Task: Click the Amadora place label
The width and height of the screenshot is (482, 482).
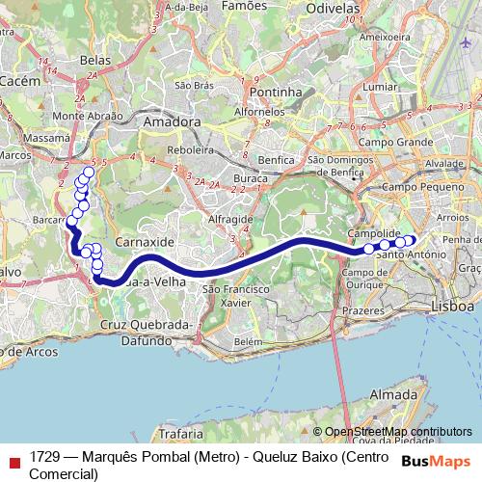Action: [171, 122]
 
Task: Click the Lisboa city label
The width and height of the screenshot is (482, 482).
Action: [454, 306]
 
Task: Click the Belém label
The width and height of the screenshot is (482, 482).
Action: [248, 341]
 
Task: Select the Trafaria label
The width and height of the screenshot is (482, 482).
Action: [182, 434]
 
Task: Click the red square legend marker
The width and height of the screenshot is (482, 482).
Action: [13, 456]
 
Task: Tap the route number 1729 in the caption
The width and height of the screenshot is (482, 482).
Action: [45, 456]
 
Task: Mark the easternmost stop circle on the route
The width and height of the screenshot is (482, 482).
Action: [410, 240]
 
